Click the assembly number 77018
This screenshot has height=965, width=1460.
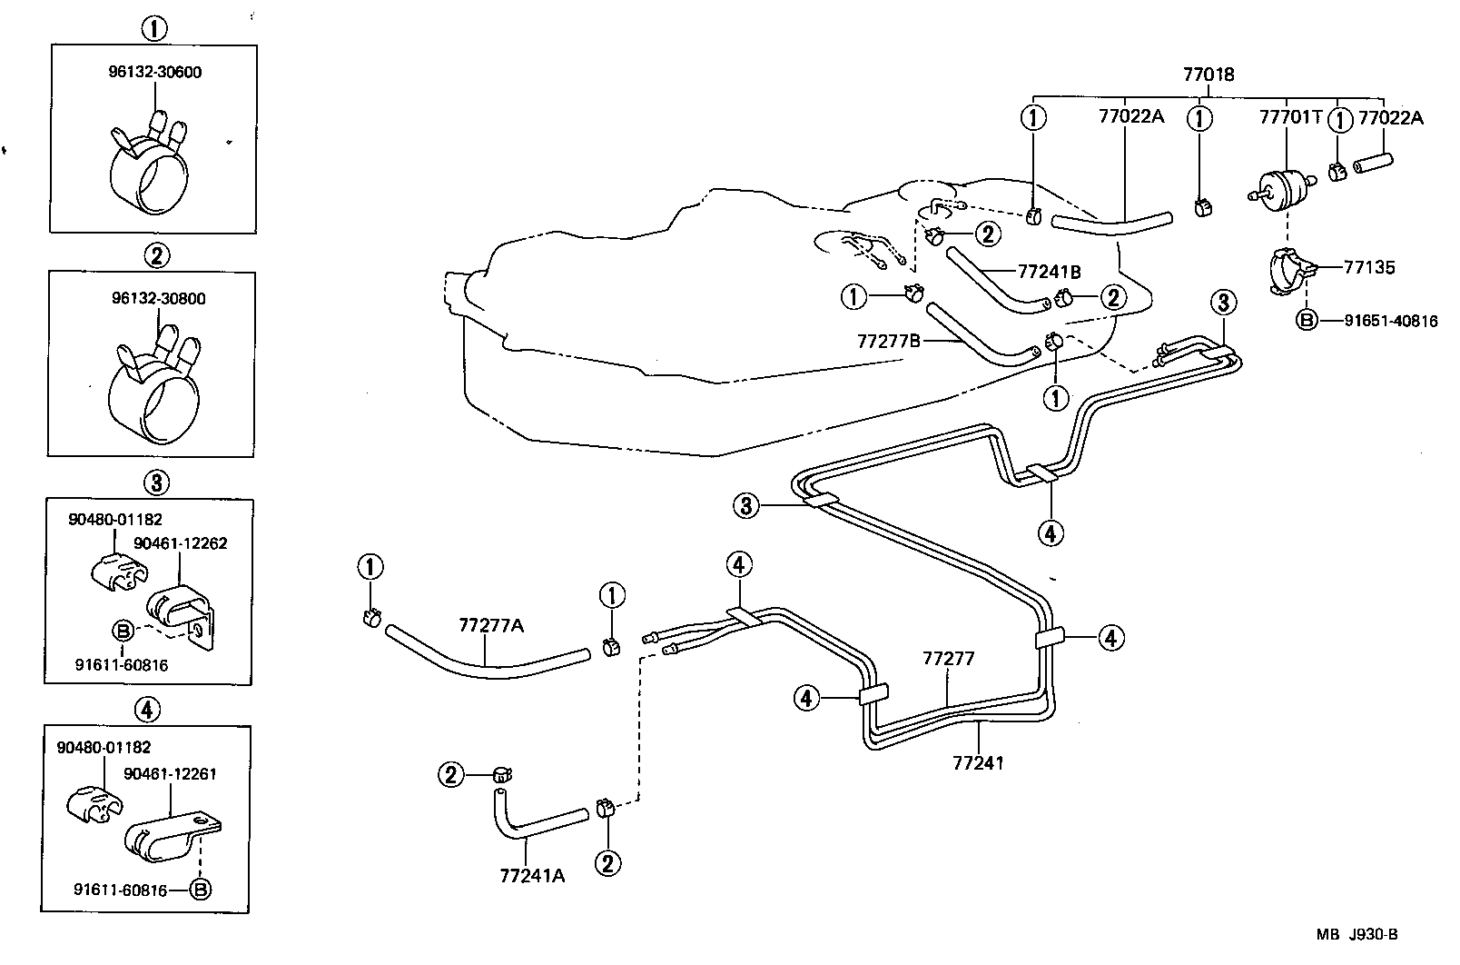point(1208,75)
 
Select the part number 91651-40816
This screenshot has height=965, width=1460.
point(1392,320)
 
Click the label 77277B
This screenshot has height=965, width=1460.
point(889,340)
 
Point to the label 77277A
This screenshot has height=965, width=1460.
point(491,624)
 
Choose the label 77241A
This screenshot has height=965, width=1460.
point(532,875)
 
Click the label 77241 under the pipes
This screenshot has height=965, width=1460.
point(979,761)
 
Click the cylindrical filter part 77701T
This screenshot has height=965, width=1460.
point(1286,188)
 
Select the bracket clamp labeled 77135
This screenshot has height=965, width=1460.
point(1289,269)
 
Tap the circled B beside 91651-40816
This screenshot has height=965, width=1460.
point(1306,320)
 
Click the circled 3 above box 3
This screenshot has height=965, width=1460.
point(155,482)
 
